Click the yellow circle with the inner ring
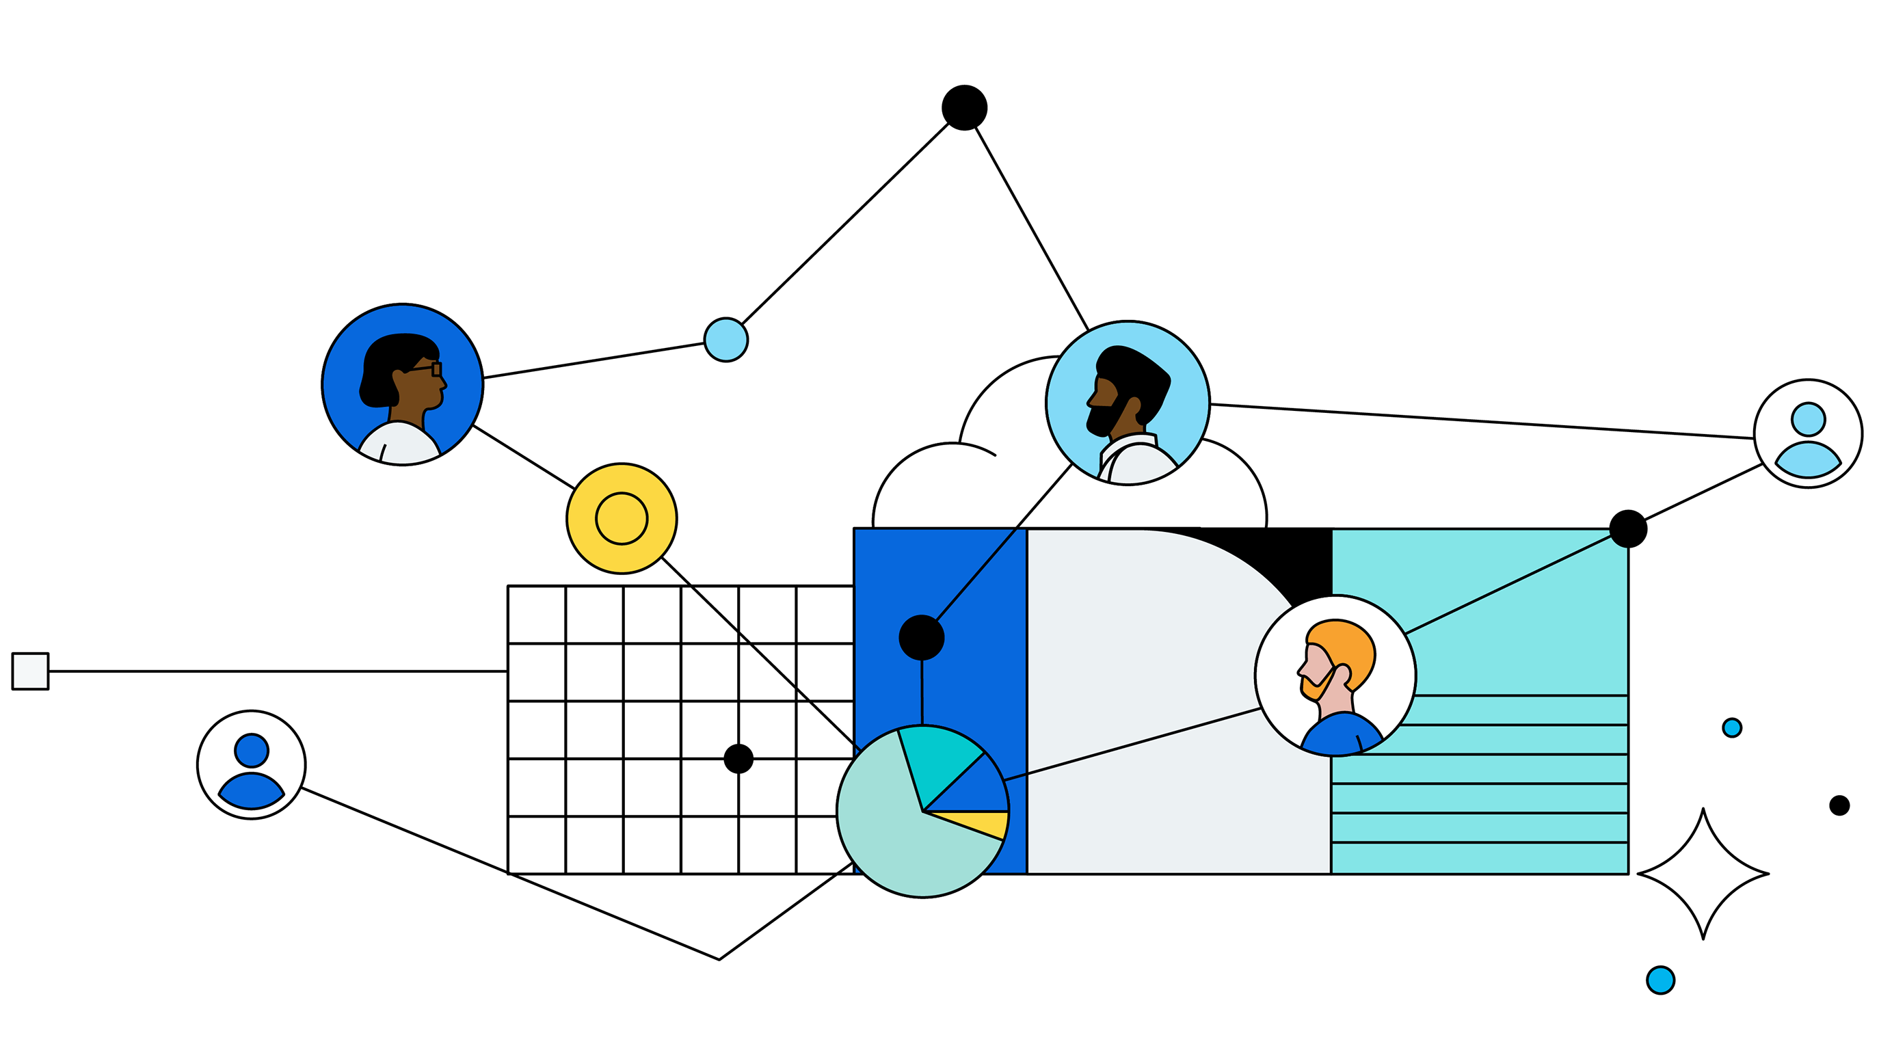[x=622, y=518]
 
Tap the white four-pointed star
[x=1703, y=873]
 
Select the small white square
[x=31, y=671]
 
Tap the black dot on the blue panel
[x=921, y=637]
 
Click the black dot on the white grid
[x=738, y=758]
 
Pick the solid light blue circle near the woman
[x=725, y=340]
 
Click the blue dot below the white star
[x=1660, y=980]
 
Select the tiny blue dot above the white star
[x=1732, y=728]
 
